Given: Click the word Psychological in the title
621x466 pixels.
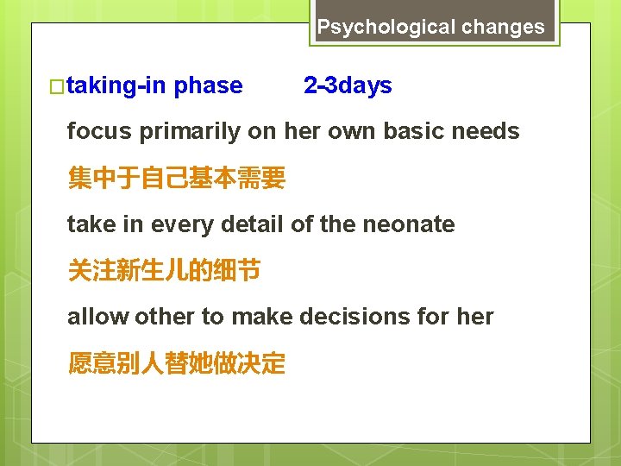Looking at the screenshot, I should (386, 27).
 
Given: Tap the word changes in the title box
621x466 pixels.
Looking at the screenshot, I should (503, 27).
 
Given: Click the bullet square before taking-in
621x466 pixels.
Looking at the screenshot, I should (58, 86).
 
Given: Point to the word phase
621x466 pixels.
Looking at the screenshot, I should (208, 86).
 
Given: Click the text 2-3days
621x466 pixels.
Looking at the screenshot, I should (348, 85).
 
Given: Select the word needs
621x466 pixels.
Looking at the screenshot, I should (489, 132).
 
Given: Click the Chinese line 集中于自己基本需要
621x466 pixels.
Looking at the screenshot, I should (176, 179).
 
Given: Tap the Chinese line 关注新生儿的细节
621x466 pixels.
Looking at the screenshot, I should (164, 271).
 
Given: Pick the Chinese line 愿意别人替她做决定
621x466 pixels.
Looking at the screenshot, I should (176, 363).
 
